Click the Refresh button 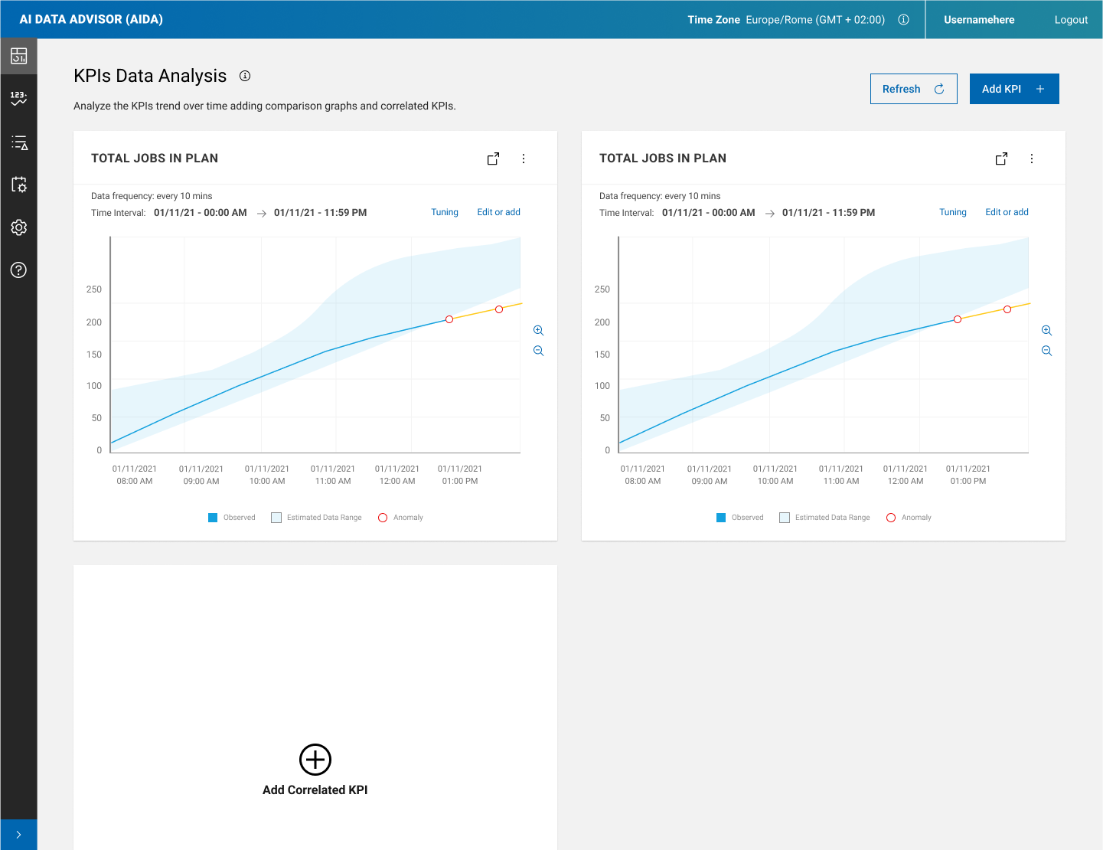click(913, 89)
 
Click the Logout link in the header click(1070, 20)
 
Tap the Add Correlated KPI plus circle click(315, 760)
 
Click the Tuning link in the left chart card click(444, 212)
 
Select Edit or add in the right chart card click(1007, 212)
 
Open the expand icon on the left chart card click(494, 159)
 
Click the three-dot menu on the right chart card click(1032, 159)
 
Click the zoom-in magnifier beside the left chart click(539, 331)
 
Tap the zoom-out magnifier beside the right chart click(1047, 351)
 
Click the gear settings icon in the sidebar click(19, 227)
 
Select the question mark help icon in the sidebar click(19, 270)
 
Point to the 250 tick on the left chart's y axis click(94, 289)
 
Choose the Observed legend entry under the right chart click(740, 518)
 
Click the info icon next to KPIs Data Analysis click(245, 76)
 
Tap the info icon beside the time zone click(903, 20)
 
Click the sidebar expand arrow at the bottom click(19, 835)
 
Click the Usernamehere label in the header click(979, 20)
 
